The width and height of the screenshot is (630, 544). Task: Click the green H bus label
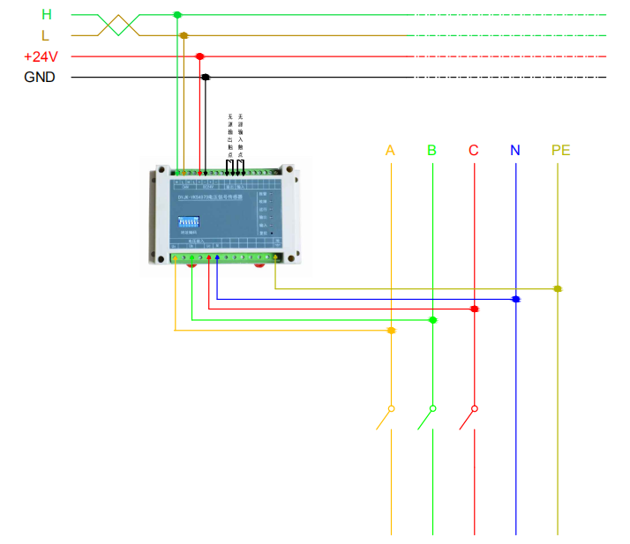[46, 15]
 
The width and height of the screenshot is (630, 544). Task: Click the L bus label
[46, 35]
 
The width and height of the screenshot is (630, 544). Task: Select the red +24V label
[41, 56]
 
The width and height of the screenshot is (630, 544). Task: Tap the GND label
[40, 78]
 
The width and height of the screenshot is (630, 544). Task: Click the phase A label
[390, 150]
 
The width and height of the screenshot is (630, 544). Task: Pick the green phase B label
[431, 150]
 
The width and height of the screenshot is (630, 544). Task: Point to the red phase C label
[474, 150]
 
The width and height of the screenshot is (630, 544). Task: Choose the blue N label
[515, 150]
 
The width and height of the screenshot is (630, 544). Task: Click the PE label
[560, 150]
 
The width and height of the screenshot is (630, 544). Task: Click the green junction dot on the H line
[177, 15]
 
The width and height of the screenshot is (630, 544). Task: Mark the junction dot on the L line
[184, 35]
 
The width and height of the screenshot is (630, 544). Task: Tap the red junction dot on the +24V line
[200, 56]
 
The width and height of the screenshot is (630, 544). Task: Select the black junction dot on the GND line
[206, 78]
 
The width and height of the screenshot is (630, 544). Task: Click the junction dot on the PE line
[558, 288]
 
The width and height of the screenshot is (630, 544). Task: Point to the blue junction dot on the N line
[515, 300]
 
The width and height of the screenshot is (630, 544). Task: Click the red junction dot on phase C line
[475, 309]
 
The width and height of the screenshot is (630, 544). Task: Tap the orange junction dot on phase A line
[391, 331]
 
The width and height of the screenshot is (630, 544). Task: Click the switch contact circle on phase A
[391, 409]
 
